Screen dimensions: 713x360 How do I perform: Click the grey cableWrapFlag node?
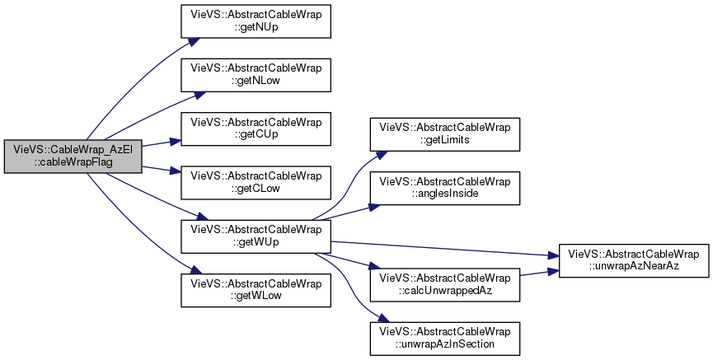tap(73, 157)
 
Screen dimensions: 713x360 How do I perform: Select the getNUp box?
tap(256, 21)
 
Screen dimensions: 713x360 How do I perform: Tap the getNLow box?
tap(256, 75)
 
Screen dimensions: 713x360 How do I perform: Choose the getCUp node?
tap(256, 129)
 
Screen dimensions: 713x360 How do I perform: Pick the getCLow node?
tap(256, 183)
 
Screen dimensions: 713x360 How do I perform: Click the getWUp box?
tap(256, 236)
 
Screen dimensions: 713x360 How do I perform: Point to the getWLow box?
tap(256, 290)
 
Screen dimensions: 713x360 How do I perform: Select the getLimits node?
tap(445, 134)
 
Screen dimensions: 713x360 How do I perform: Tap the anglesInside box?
tap(445, 188)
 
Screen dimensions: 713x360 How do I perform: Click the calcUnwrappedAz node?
tap(445, 285)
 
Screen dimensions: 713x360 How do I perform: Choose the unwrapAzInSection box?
tap(445, 339)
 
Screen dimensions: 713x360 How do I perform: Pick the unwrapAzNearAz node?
tap(634, 261)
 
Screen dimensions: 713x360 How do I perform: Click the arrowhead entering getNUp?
tap(195, 41)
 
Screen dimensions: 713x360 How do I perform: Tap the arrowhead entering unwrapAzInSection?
tap(383, 319)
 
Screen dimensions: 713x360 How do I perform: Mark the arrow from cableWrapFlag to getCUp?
tap(162, 143)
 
